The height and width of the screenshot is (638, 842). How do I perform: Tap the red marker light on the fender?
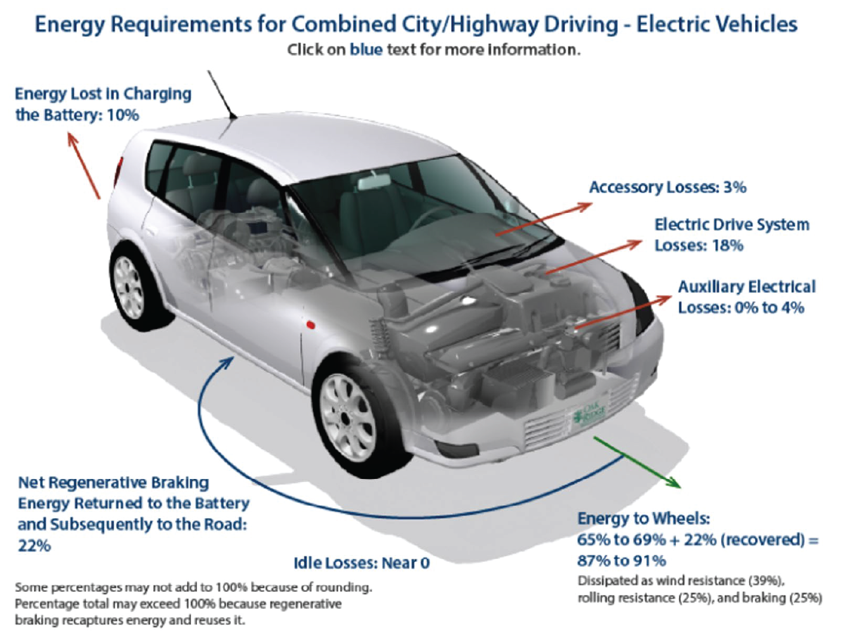click(x=310, y=325)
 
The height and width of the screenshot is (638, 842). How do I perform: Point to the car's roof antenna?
click(x=222, y=94)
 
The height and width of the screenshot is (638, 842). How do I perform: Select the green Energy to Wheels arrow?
click(x=637, y=462)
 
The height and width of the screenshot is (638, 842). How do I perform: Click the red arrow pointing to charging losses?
click(x=84, y=165)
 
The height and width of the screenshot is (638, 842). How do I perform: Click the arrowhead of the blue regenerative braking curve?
click(x=227, y=362)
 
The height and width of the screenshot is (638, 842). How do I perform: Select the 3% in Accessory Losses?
click(x=734, y=187)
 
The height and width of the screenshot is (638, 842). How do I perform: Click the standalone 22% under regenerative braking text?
click(x=34, y=545)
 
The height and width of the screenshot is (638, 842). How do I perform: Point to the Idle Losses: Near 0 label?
click(x=361, y=563)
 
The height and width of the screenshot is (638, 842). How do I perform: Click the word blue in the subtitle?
click(x=366, y=49)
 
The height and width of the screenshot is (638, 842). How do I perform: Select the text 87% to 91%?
click(x=622, y=561)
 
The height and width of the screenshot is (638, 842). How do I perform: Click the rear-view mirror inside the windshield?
click(x=374, y=181)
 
